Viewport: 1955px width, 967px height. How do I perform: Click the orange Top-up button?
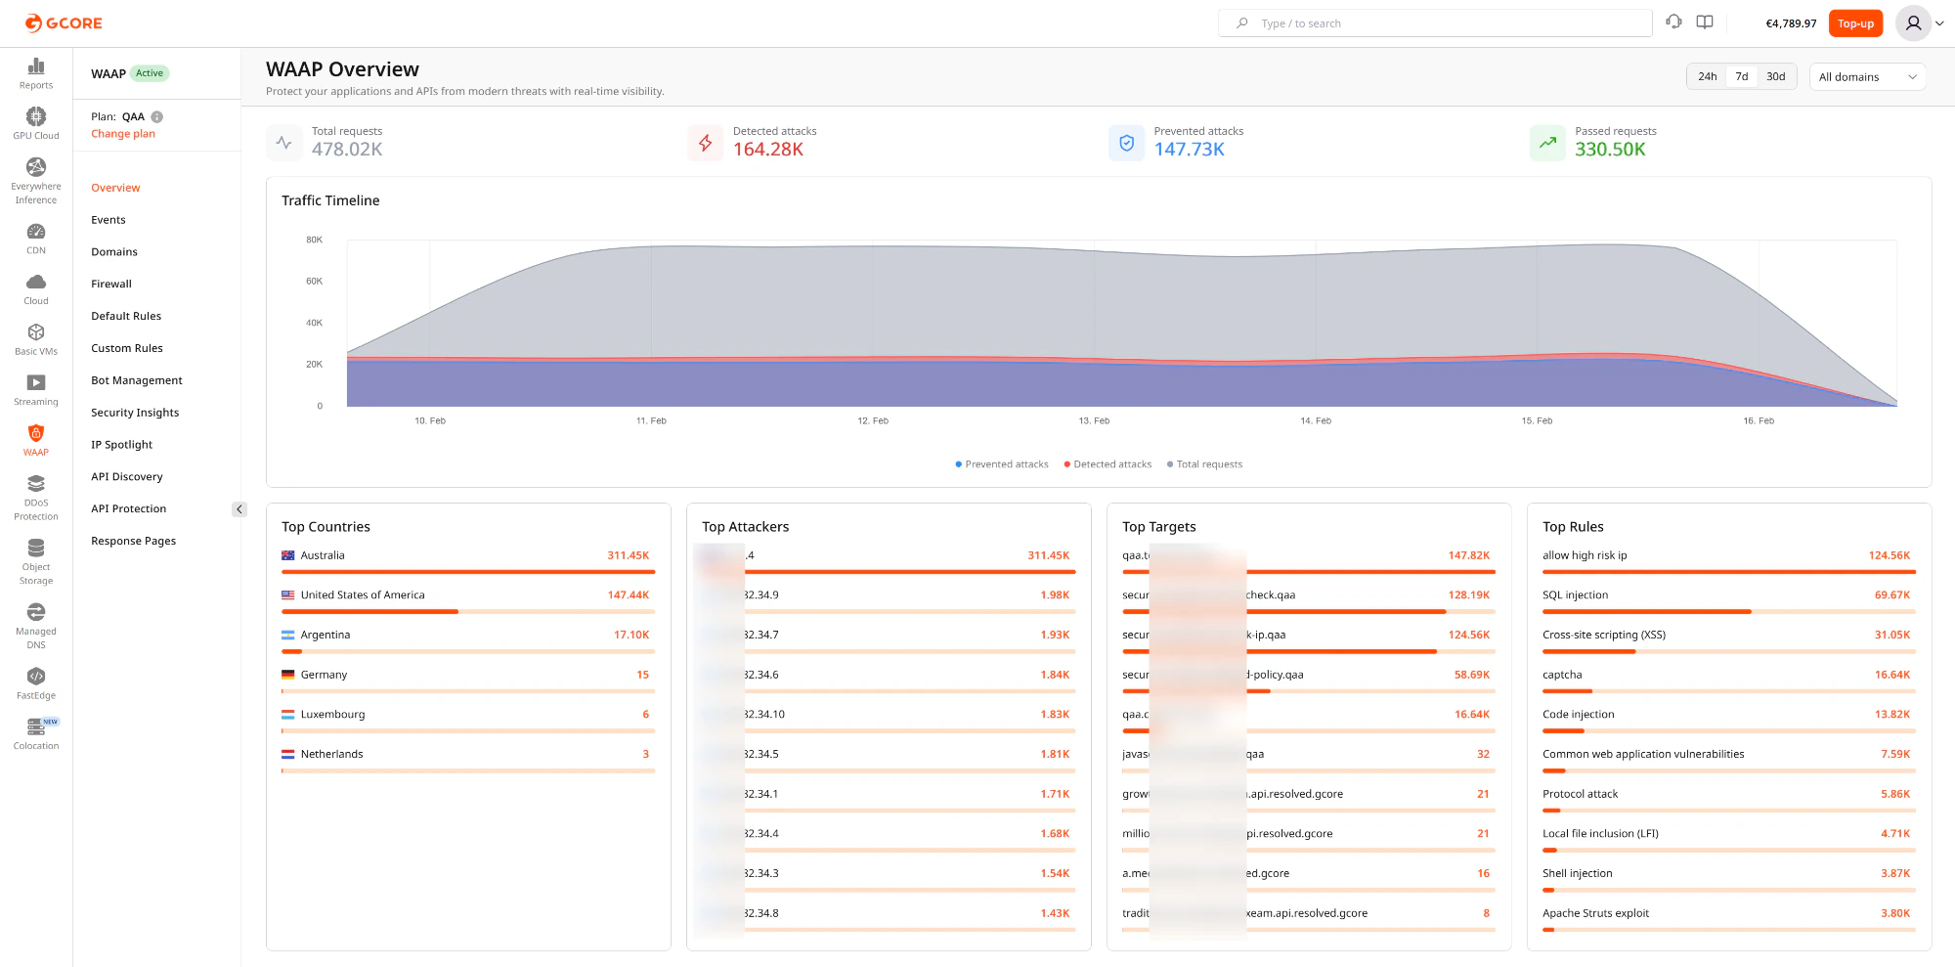click(1854, 23)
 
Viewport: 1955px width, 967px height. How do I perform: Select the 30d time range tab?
click(1775, 76)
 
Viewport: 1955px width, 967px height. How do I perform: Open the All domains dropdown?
click(1867, 77)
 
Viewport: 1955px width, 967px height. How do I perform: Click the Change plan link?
click(123, 134)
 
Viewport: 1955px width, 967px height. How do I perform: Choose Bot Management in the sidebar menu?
click(137, 380)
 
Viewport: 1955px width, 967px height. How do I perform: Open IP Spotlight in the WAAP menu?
click(122, 445)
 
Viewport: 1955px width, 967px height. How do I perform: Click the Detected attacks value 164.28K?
click(768, 150)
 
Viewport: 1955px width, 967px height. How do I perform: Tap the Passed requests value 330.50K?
click(1610, 150)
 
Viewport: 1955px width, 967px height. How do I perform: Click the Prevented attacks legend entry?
click(1002, 464)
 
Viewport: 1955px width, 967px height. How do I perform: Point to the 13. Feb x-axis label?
click(1094, 421)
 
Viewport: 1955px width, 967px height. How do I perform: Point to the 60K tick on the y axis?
click(314, 282)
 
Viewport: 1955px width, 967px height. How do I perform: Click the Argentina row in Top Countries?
click(326, 636)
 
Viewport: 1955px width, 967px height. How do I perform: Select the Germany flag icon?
click(288, 675)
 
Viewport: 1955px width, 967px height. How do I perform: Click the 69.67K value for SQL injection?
click(1891, 595)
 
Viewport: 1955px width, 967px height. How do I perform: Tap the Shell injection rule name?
click(1577, 874)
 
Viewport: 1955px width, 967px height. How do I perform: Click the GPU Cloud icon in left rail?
click(36, 117)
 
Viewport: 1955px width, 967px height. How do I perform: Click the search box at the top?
click(1434, 23)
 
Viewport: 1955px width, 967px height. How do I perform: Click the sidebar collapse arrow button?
click(239, 509)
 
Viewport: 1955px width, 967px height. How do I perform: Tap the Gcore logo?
click(64, 23)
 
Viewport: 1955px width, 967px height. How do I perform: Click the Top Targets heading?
click(1158, 527)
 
